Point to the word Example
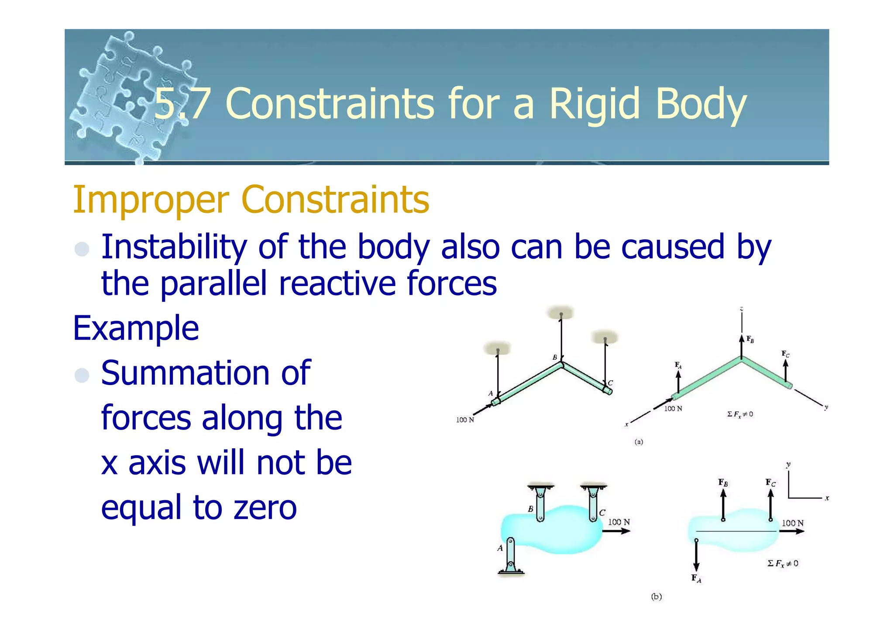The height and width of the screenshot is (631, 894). (x=136, y=328)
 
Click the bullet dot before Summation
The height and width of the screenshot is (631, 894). (x=82, y=375)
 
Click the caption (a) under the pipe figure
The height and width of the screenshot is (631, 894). (x=639, y=442)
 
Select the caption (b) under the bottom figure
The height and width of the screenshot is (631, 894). (x=656, y=597)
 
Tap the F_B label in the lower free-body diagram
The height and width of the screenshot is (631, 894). (x=723, y=482)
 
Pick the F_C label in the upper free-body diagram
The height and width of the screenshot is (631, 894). (x=785, y=354)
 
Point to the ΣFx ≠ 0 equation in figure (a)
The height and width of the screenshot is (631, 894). (x=740, y=414)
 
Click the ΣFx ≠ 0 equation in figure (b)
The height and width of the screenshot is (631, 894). (x=783, y=563)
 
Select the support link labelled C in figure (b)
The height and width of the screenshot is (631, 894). (x=593, y=504)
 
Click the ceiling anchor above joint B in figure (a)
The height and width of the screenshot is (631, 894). (x=561, y=313)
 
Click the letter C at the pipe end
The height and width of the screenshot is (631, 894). (x=610, y=382)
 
